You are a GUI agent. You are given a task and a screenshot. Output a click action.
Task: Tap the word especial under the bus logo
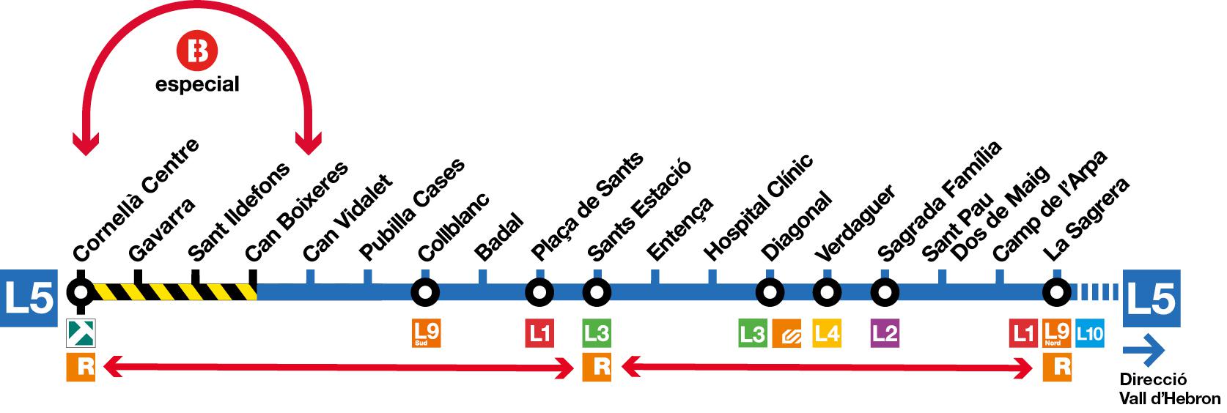(x=197, y=85)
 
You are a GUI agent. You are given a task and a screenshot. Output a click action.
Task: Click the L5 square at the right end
(x=1151, y=297)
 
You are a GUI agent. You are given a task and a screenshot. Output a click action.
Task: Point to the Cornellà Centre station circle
(x=80, y=293)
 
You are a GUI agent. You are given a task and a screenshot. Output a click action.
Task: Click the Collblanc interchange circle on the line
(x=425, y=293)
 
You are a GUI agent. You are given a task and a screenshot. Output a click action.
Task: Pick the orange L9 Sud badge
(x=426, y=334)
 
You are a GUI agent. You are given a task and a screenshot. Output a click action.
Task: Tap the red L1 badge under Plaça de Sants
(x=539, y=334)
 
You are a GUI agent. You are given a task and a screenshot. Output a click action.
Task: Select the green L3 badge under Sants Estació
(x=597, y=334)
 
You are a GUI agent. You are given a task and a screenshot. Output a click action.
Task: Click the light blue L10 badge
(x=1089, y=334)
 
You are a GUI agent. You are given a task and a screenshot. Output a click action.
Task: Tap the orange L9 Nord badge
(x=1056, y=334)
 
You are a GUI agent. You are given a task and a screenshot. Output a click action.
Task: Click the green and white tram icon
(x=80, y=334)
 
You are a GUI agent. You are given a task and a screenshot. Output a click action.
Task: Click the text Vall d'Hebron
(x=1170, y=398)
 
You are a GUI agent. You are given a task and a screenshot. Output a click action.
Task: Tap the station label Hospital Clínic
(x=759, y=209)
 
